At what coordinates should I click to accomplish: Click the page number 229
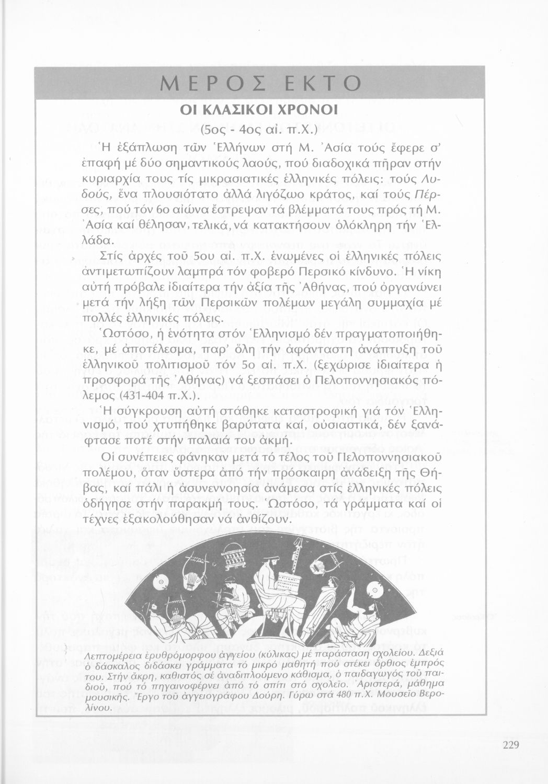(x=510, y=745)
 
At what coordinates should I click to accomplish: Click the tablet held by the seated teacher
(x=289, y=583)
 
